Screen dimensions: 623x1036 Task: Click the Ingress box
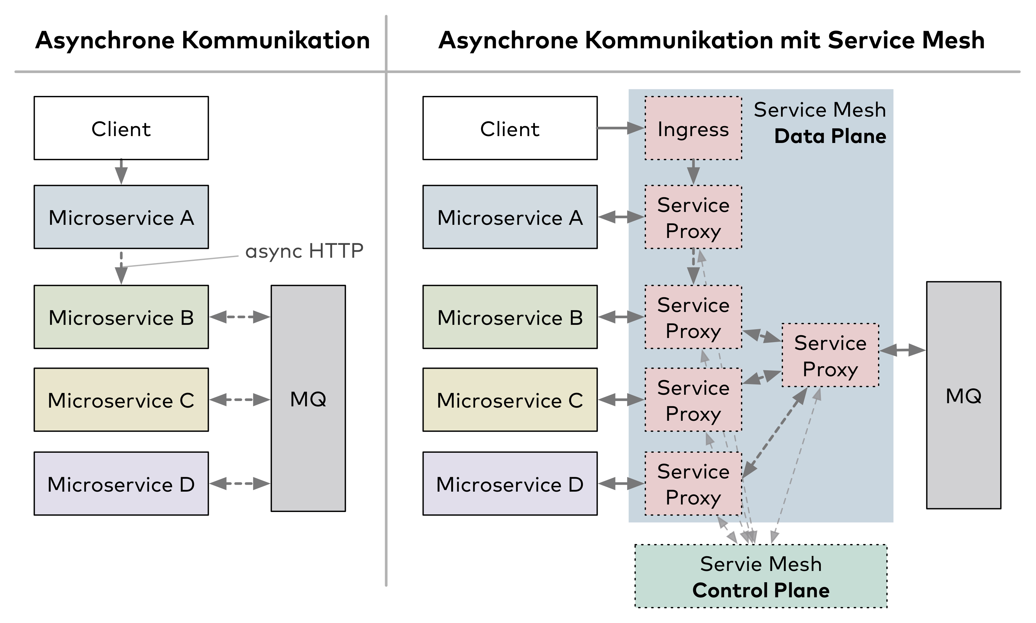tap(693, 129)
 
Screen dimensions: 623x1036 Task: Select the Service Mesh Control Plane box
tap(761, 576)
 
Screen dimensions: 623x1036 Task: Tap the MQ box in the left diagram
tap(308, 399)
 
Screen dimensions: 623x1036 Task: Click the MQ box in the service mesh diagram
tap(963, 395)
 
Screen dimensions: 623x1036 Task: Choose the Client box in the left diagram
tap(121, 129)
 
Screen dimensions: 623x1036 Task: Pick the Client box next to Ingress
tap(510, 129)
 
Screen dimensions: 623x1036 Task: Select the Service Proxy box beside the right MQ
tap(830, 356)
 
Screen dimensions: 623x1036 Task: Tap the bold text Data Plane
tap(830, 136)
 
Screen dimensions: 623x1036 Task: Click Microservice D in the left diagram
tap(121, 484)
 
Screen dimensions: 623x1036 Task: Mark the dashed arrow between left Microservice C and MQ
tap(240, 400)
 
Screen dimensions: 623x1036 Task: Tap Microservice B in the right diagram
tap(510, 317)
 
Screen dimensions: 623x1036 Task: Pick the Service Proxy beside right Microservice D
tap(693, 484)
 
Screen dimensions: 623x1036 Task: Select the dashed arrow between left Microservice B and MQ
tap(240, 317)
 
